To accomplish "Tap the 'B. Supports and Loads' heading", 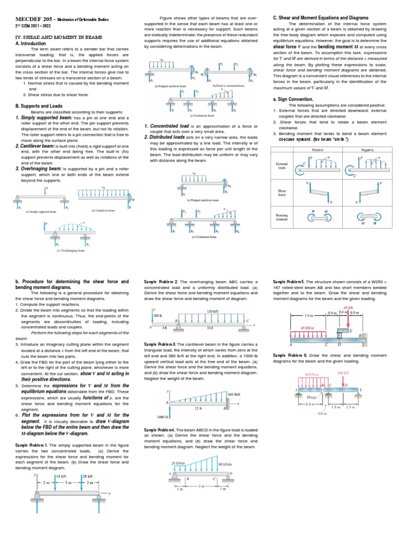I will tap(40, 105).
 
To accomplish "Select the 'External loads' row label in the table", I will tap(282, 166).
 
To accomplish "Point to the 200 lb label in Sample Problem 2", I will tap(157, 317).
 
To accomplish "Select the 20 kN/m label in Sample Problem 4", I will tap(178, 463).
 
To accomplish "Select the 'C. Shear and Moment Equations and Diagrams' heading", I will tap(321, 18).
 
